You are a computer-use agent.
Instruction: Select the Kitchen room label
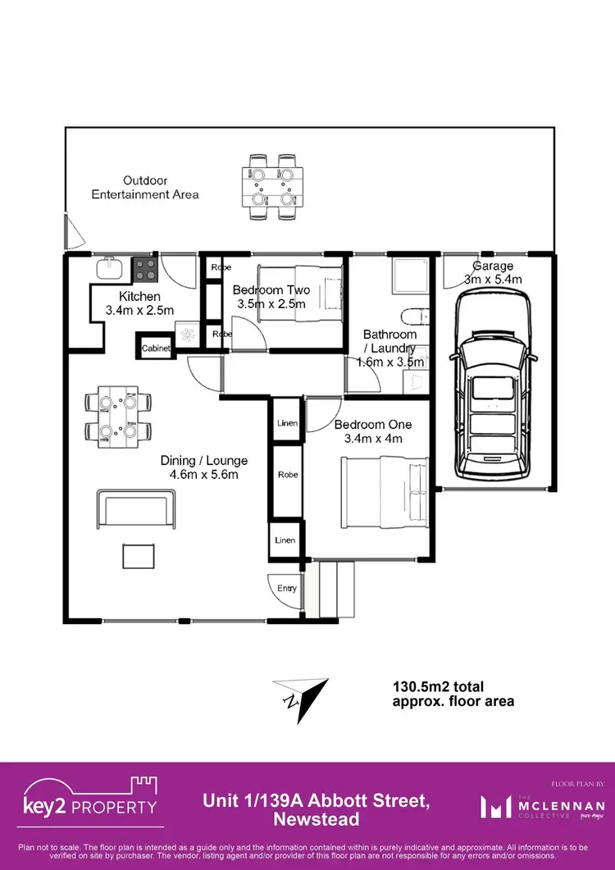tap(139, 296)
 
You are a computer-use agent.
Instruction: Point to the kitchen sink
tap(109, 267)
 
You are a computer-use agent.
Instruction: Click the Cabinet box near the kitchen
tap(156, 348)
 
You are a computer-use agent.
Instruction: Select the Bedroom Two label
tap(271, 290)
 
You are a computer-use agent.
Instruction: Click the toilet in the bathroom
tap(415, 317)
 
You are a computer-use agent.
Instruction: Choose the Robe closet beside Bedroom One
tap(287, 475)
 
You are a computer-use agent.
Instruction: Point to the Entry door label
tap(287, 589)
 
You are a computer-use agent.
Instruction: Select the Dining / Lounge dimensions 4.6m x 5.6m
tap(203, 475)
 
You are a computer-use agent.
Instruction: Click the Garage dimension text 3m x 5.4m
tap(493, 279)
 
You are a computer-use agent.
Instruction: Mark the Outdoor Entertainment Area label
tap(145, 187)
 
